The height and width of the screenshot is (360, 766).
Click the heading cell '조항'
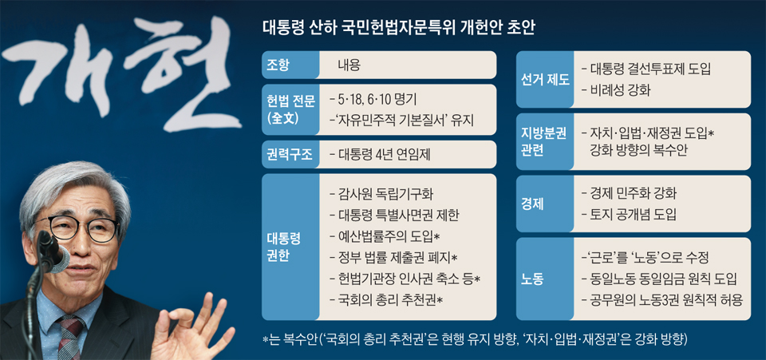[290, 65]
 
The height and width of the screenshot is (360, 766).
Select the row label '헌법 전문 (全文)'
[290, 110]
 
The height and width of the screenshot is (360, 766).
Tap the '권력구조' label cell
[290, 154]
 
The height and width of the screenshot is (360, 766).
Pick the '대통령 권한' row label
[290, 247]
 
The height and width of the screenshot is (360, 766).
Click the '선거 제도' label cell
[545, 79]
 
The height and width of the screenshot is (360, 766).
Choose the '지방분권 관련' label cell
[545, 141]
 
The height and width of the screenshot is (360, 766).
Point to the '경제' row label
[545, 204]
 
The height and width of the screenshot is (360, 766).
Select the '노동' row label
[545, 279]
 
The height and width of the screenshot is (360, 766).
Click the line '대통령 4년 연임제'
[380, 154]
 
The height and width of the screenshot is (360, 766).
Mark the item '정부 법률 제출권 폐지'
[393, 257]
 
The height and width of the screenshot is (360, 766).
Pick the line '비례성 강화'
[615, 90]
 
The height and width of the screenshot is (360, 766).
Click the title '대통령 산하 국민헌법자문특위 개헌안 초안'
[399, 28]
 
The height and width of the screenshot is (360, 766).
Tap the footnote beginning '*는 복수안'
[475, 339]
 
